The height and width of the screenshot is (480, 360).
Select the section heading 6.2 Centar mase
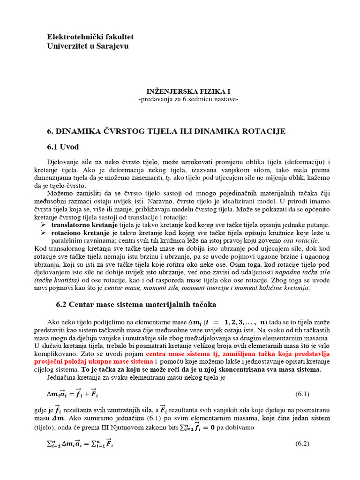click(x=136, y=305)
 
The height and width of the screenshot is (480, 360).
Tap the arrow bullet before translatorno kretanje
click(x=44, y=225)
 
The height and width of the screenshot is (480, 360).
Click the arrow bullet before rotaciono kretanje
click(x=44, y=233)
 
